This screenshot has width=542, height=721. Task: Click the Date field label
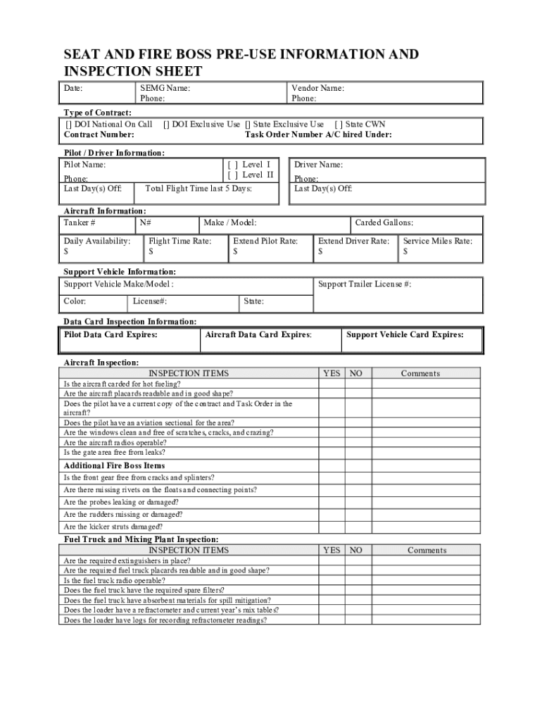pos(73,89)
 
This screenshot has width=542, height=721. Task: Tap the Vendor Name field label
pos(317,89)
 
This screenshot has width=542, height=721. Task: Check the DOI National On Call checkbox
pos(68,125)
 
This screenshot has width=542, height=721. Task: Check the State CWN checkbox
pos(339,125)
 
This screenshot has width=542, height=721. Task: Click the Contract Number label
pos(99,135)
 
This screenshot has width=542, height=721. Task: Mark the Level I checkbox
pos(233,165)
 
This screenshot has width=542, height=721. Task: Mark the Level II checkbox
pos(233,175)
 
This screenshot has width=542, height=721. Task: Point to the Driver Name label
pos(318,165)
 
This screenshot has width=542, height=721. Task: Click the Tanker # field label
pos(80,223)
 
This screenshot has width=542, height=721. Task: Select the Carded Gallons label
pos(384,223)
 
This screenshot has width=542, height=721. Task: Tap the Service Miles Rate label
pos(437,241)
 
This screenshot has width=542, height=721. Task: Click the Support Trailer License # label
pos(365,284)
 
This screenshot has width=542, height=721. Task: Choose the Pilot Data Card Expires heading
pos(111,335)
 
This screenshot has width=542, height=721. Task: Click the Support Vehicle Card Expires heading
pos(405,335)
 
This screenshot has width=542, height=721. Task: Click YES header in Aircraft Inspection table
pos(331,374)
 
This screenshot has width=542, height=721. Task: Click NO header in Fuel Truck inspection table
pos(357,551)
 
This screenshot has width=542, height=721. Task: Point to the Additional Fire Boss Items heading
pos(114,466)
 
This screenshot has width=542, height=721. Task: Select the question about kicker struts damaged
pos(113,527)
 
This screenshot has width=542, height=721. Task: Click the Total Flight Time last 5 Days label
pos(198,189)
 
